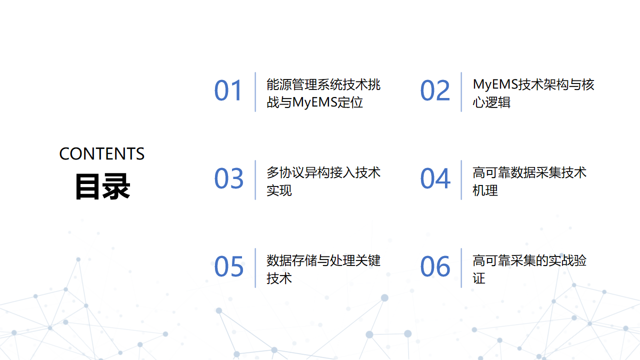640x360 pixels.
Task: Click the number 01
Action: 229,91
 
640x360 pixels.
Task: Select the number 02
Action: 435,91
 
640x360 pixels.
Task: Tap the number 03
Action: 229,179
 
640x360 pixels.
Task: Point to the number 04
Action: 435,179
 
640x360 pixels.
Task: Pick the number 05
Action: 229,267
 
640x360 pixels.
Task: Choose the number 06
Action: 435,267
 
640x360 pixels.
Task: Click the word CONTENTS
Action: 102,154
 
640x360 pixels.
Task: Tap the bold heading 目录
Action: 102,186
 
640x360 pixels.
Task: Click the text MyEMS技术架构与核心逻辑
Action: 534,92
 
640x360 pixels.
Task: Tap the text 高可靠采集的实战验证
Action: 529,269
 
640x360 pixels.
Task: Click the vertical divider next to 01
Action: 256,91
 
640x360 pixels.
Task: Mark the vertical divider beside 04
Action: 462,180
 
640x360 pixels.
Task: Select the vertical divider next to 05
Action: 256,267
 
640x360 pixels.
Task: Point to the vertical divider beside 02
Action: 462,91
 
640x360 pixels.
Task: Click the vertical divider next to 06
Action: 462,267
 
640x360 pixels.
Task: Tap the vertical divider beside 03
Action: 256,180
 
